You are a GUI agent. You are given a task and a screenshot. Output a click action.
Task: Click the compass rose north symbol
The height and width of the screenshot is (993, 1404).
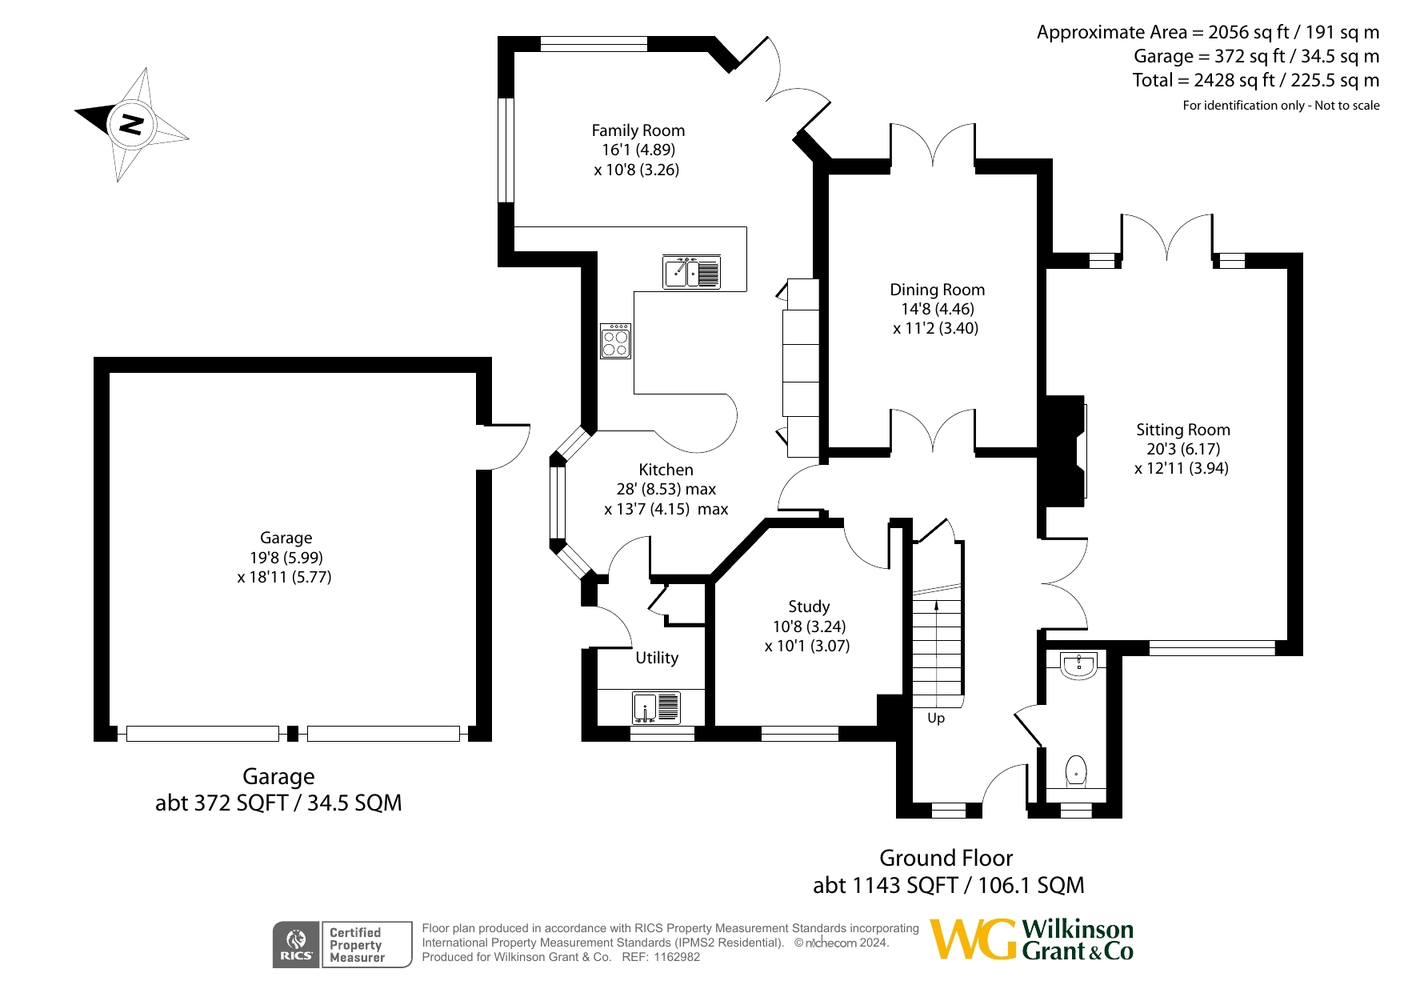pos(131,124)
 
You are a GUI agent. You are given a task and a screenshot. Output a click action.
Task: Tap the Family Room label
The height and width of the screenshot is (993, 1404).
pos(638,130)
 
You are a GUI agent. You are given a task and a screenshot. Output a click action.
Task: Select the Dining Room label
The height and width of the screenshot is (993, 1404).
pos(938,290)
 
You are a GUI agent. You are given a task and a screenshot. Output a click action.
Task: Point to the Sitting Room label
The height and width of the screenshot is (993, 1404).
pos(1183,430)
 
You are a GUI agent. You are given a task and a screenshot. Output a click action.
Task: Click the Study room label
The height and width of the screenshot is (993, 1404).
pos(809,607)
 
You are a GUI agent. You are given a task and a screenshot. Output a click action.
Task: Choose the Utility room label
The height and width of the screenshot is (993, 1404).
pos(657,658)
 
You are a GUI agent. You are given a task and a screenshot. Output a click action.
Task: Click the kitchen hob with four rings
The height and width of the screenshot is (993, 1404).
pos(616,341)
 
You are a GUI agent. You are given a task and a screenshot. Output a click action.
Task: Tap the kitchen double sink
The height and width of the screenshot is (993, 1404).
pos(692,272)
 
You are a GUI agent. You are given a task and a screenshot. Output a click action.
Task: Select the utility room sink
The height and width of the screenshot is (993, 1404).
pos(656,708)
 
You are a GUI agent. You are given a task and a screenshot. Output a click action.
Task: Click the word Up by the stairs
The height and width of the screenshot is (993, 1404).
pos(936,718)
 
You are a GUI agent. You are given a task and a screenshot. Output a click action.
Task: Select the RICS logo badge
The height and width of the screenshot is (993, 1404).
pos(296,945)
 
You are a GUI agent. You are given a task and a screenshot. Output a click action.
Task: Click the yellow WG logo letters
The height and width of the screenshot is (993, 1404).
pos(974,939)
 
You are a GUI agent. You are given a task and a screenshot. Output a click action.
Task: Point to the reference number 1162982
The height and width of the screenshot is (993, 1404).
pos(677,957)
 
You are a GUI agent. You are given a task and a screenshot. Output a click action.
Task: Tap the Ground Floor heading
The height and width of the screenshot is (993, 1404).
pos(946,858)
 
